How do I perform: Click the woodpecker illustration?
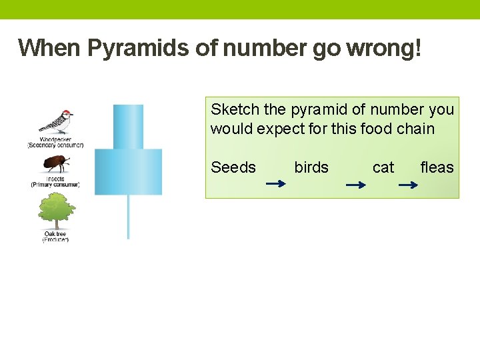56,122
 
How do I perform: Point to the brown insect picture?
54,164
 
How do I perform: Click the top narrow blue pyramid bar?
128,127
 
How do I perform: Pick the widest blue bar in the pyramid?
128,171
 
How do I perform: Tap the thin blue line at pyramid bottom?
128,217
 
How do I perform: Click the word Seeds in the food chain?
233,167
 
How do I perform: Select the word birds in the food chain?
311,167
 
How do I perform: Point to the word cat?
383,167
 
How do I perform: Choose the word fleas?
437,167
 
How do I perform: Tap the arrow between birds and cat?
356,185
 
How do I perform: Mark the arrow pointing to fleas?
407,185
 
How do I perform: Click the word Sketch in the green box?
229,109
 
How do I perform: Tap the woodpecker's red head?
65,113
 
